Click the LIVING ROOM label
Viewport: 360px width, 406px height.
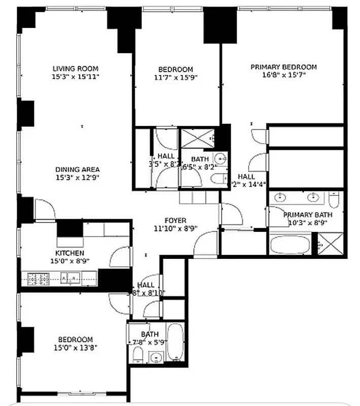(x=75, y=69)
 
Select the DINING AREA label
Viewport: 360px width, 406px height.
(x=77, y=170)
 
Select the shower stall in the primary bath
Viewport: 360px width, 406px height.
(x=330, y=244)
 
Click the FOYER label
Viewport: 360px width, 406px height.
(x=175, y=220)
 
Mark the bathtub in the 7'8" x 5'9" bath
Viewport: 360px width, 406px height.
(x=174, y=343)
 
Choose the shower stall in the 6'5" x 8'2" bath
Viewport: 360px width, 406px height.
(x=196, y=139)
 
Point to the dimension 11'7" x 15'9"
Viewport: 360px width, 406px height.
(x=175, y=78)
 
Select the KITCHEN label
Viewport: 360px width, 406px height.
(x=69, y=253)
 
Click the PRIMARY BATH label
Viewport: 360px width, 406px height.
(x=308, y=215)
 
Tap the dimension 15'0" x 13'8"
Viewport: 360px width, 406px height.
(x=75, y=348)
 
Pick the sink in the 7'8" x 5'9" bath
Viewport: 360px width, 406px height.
(x=157, y=357)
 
